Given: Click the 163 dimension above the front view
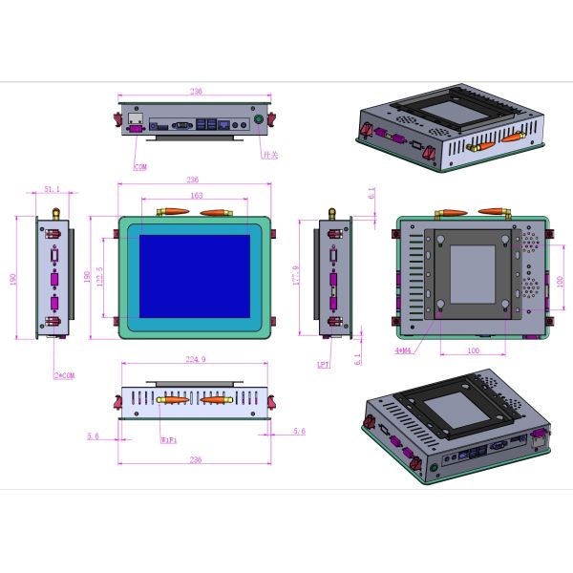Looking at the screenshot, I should tap(196, 195).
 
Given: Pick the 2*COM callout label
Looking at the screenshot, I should tap(64, 374).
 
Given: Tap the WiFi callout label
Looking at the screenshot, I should tap(168, 440).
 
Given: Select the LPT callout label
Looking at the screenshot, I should tap(324, 365).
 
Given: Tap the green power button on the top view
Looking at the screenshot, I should tap(256, 122).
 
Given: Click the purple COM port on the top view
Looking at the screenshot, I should tap(135, 124).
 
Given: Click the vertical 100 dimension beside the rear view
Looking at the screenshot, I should tap(560, 286).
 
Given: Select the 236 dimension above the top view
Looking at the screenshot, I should tap(195, 92).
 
